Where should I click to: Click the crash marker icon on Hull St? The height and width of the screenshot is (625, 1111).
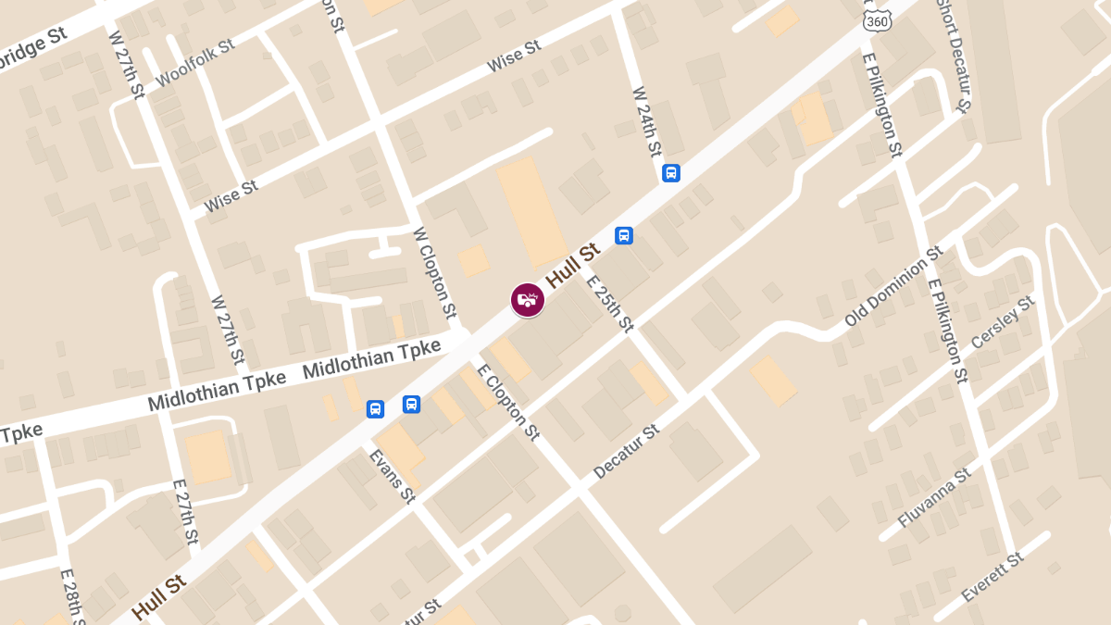(x=528, y=300)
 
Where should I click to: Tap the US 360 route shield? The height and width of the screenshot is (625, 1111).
(x=875, y=19)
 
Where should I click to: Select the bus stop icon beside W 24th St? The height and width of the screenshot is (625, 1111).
(x=671, y=173)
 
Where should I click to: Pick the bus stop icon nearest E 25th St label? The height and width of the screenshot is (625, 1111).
(x=624, y=235)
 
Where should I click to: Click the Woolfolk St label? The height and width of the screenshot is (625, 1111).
(x=195, y=62)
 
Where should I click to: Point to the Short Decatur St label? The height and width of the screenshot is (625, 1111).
(x=953, y=56)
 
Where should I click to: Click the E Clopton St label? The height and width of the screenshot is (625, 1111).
(x=507, y=402)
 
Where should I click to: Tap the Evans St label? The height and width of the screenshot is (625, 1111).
(x=392, y=476)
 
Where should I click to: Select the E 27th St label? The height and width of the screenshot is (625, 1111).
(x=186, y=511)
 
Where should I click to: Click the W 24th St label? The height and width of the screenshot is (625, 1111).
(x=647, y=121)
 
